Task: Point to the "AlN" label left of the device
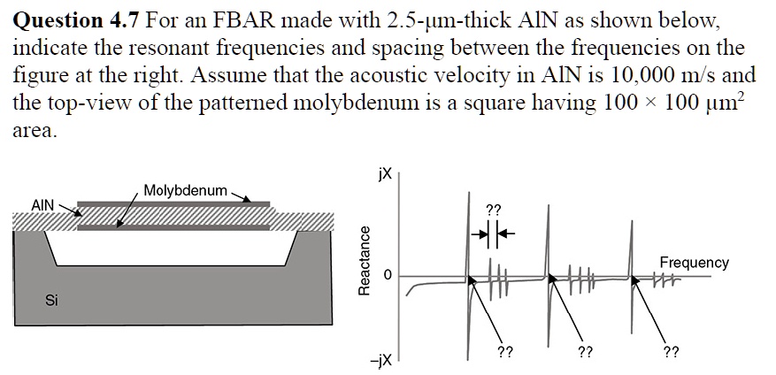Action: coord(43,204)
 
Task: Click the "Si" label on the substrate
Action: coord(52,302)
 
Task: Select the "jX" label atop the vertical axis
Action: coord(382,175)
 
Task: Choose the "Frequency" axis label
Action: coord(694,263)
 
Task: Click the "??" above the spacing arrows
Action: coord(494,210)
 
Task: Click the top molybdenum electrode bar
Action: coord(173,205)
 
